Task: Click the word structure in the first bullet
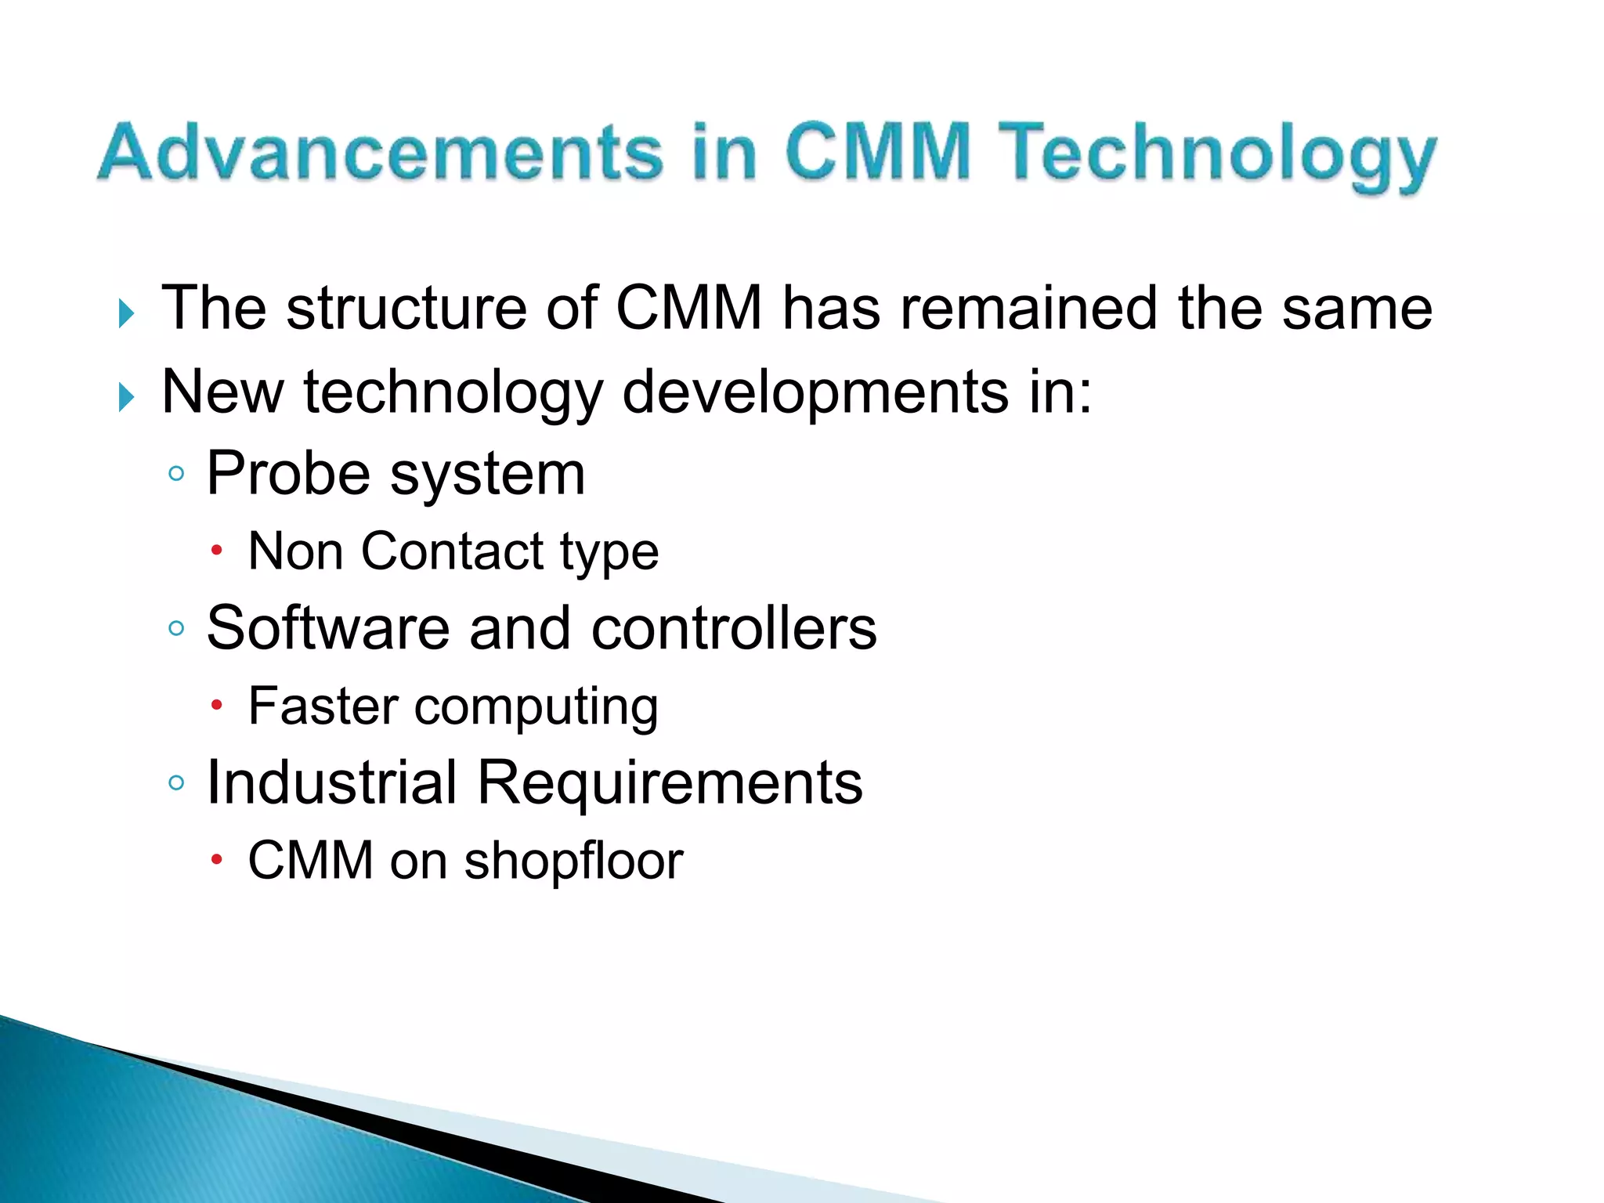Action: (406, 308)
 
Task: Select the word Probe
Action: (288, 473)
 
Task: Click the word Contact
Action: (452, 551)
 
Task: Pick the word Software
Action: (328, 627)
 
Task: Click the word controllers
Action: (734, 627)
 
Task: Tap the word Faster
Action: (323, 706)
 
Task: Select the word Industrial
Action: (331, 782)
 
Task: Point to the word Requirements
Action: (670, 783)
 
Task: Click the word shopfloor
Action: (573, 861)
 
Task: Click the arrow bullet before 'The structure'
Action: (125, 313)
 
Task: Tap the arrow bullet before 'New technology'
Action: (125, 397)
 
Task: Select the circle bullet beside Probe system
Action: (176, 474)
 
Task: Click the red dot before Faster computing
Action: (217, 706)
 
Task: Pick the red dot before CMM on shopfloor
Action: (217, 860)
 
